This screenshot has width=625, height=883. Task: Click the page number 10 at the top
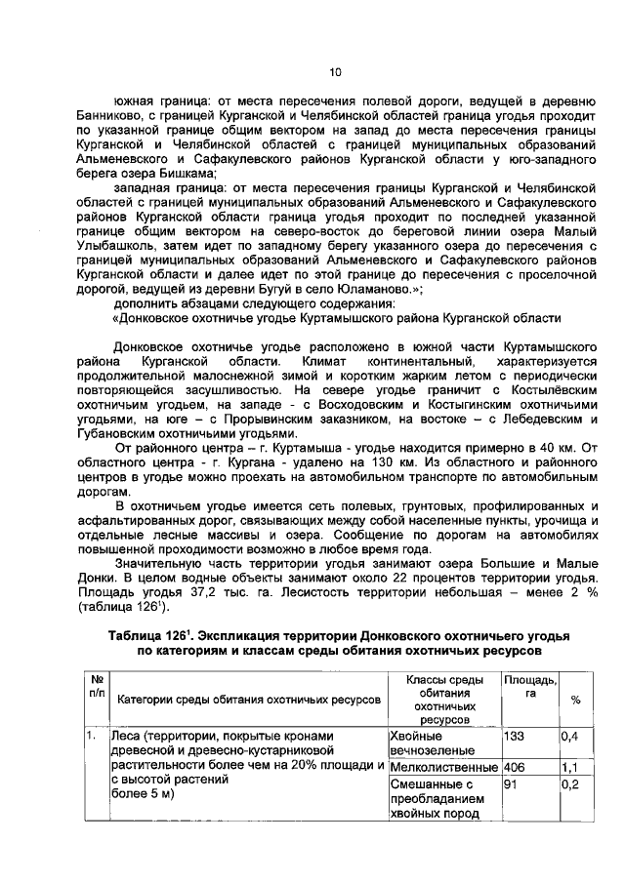pyautogui.click(x=334, y=71)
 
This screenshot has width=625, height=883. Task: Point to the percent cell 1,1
pyautogui.click(x=569, y=768)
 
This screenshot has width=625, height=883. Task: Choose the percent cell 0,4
pyautogui.click(x=569, y=736)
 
